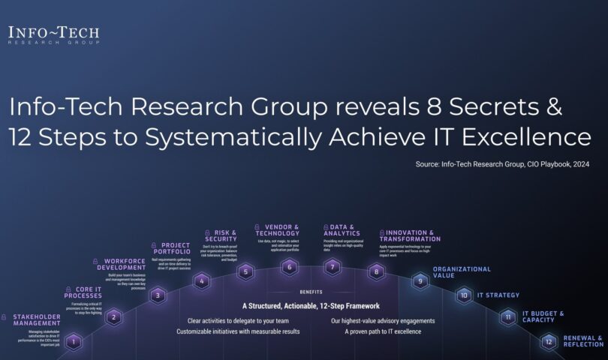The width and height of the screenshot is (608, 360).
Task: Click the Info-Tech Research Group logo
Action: tap(53, 35)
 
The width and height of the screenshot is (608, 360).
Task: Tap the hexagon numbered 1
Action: tap(74, 342)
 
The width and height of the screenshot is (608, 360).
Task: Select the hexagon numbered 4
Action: tap(201, 281)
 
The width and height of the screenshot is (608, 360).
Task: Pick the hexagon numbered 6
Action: tap(289, 266)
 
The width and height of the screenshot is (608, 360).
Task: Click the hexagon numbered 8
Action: tap(376, 272)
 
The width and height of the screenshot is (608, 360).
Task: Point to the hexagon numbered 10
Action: tap(464, 295)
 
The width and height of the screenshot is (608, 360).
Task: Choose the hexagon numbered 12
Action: tap(549, 342)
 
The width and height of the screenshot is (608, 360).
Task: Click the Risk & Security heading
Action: tap(221, 236)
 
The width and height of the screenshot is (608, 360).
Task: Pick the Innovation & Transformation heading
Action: tap(411, 236)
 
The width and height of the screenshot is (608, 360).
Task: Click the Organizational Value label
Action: tap(462, 271)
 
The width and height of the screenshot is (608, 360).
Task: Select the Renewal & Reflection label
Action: tap(583, 341)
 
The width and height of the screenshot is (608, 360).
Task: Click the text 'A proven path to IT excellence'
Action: tap(382, 331)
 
